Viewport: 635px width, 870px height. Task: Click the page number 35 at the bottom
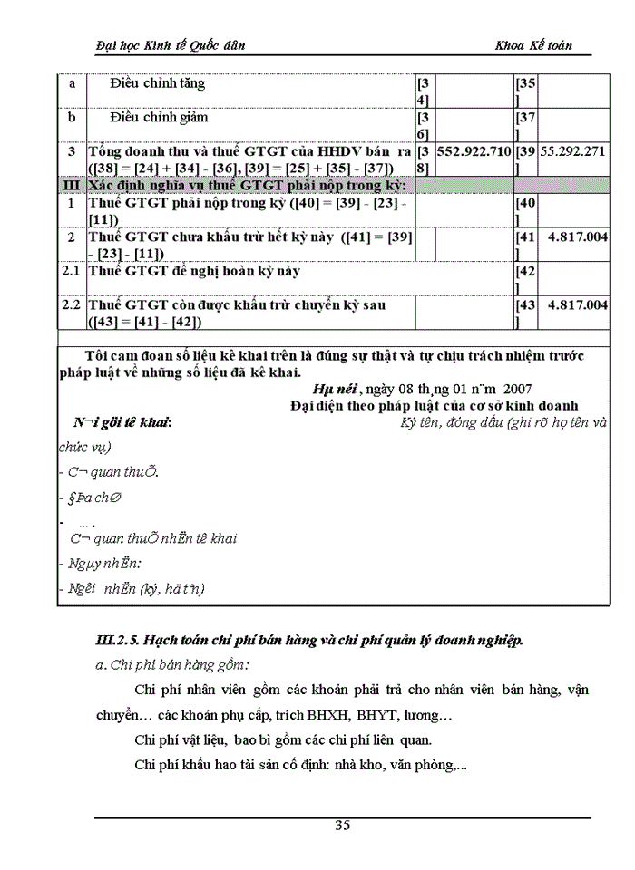(342, 825)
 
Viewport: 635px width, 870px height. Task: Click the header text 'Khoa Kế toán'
(533, 45)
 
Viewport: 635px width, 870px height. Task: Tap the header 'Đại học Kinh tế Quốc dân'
(171, 45)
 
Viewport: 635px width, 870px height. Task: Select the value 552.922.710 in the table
(474, 152)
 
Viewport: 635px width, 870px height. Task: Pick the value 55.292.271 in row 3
(572, 152)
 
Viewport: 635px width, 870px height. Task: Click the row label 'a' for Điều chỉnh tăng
(72, 83)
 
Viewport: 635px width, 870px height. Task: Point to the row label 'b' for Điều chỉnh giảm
(72, 118)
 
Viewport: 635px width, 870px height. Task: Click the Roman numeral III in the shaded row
(71, 186)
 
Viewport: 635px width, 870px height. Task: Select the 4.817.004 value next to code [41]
(578, 237)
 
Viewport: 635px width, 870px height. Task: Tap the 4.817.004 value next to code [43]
(578, 305)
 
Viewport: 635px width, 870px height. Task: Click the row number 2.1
(72, 271)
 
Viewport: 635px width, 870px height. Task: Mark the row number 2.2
(72, 305)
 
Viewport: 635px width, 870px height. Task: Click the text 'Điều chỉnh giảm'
(159, 118)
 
